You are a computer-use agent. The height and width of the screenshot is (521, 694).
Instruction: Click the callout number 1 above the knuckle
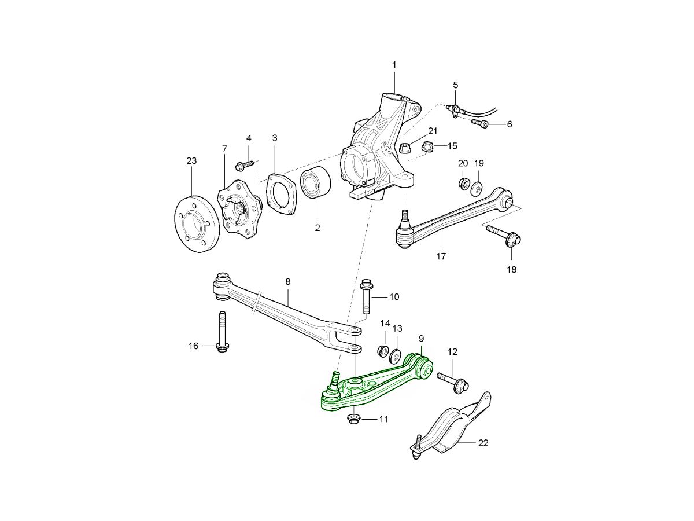click(x=394, y=65)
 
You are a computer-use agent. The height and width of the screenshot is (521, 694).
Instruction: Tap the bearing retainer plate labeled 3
click(x=280, y=193)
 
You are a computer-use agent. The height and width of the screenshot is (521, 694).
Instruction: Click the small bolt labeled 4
click(x=242, y=166)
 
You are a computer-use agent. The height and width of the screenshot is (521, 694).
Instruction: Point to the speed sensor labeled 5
click(x=455, y=109)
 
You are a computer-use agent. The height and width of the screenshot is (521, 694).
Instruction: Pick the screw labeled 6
click(x=481, y=123)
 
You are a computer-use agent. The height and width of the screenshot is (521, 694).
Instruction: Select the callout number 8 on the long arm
click(x=287, y=282)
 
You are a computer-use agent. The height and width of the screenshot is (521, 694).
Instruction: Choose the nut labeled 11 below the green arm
click(x=353, y=419)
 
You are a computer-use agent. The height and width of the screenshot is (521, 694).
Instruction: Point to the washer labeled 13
click(x=397, y=354)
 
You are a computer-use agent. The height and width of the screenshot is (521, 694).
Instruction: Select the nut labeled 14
click(x=383, y=351)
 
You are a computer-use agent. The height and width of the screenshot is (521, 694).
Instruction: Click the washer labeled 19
click(x=478, y=188)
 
